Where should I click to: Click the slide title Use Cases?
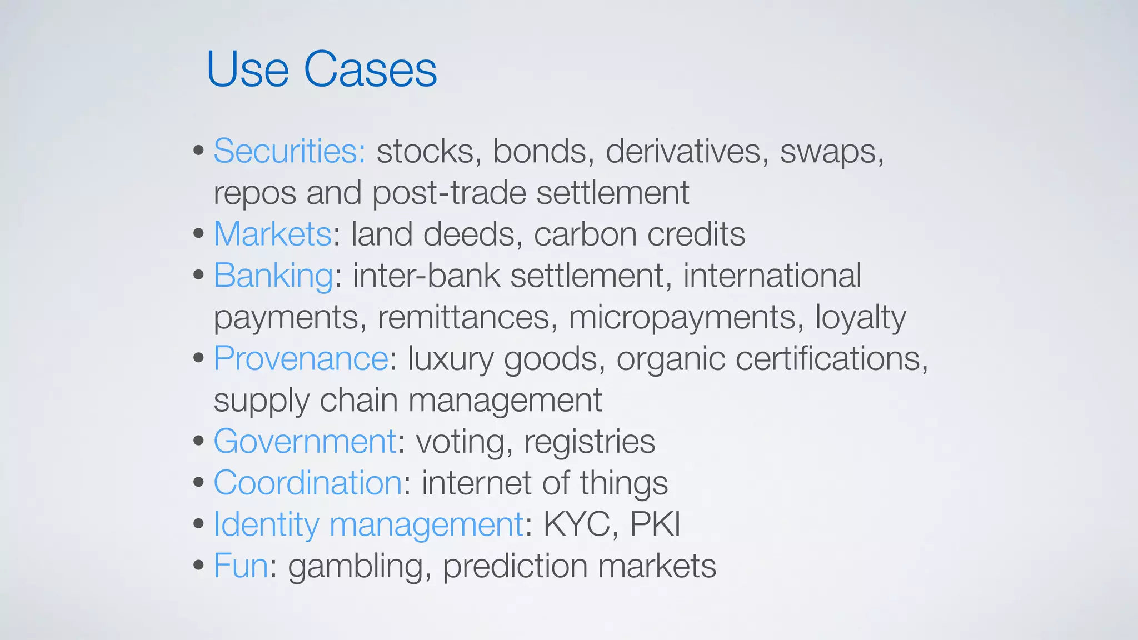click(321, 69)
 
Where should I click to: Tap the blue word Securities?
click(289, 151)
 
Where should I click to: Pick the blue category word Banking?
click(273, 276)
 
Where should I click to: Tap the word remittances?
click(467, 317)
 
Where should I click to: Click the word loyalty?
click(860, 317)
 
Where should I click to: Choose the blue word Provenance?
click(301, 358)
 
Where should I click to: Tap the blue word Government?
click(305, 441)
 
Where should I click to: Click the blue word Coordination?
click(307, 482)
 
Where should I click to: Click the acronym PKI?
click(655, 524)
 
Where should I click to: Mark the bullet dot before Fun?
click(199, 566)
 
